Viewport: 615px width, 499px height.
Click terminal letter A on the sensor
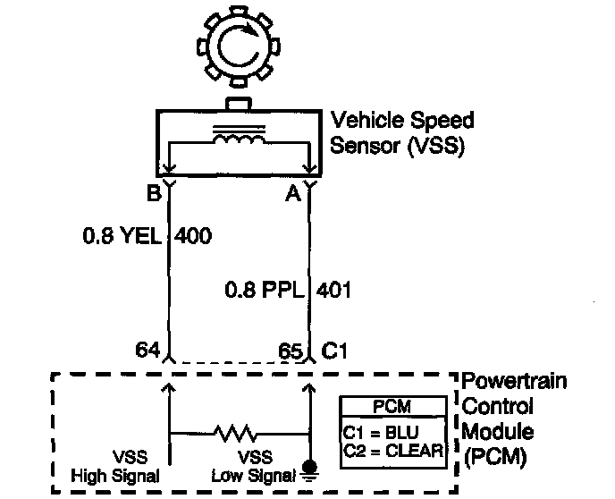coord(291,193)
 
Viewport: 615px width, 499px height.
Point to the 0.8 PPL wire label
coord(260,290)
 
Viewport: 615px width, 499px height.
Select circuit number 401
coord(333,290)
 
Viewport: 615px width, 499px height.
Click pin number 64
coord(147,350)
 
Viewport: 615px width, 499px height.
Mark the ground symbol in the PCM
coord(310,469)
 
